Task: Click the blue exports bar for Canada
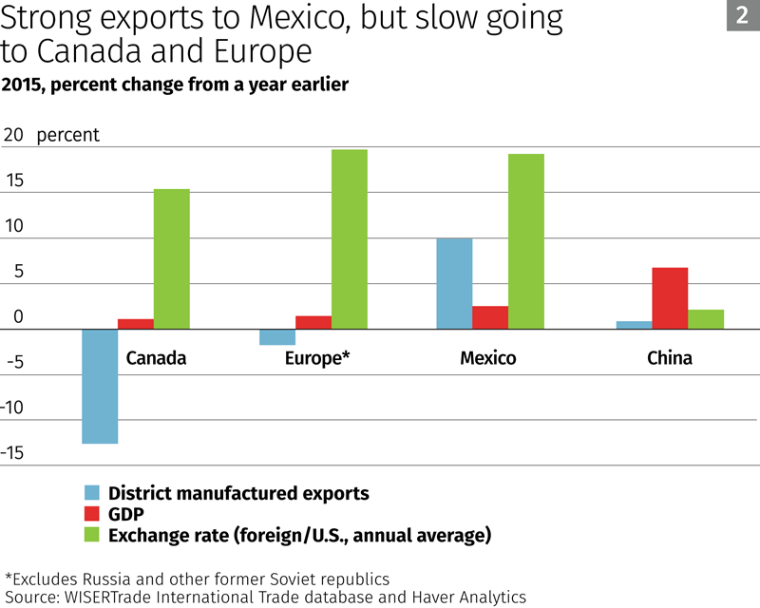(x=100, y=386)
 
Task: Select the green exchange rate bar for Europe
(x=349, y=239)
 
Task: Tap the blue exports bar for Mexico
(x=453, y=283)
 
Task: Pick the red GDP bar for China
(x=670, y=298)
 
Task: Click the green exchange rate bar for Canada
(x=172, y=258)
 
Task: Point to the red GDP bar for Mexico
(x=490, y=317)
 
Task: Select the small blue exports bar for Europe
(x=276, y=337)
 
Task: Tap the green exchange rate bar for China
(x=706, y=319)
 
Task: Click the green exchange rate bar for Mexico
(x=526, y=241)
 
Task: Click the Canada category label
(x=156, y=358)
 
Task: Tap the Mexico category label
(x=487, y=358)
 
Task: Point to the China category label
(x=670, y=358)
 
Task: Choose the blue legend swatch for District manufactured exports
(x=92, y=493)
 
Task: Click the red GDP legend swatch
(x=92, y=514)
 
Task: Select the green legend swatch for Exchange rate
(x=92, y=535)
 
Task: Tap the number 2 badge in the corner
(x=742, y=15)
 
